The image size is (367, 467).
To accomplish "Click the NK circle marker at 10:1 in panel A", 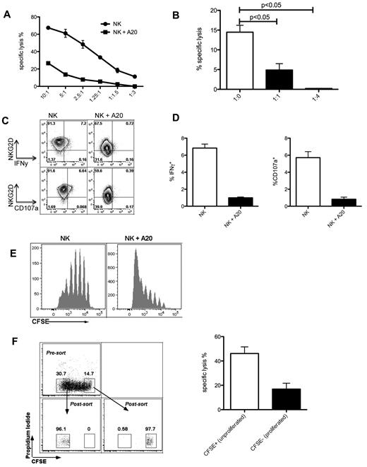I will tap(47, 28).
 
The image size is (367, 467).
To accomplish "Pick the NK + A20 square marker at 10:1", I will tap(47, 63).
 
